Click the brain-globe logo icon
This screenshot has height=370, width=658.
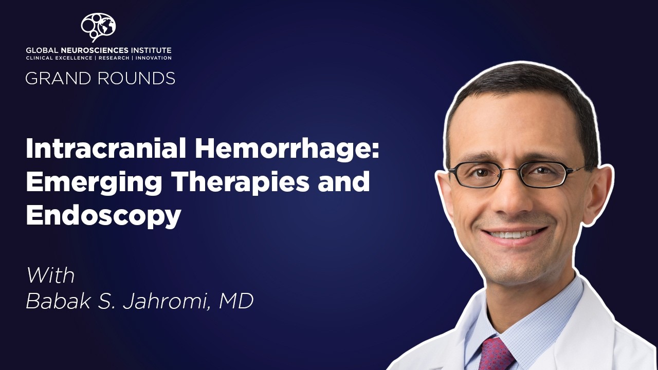(98, 26)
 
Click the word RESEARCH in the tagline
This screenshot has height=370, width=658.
(113, 58)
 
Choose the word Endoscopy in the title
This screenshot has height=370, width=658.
(103, 216)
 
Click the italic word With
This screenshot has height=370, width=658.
(50, 276)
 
